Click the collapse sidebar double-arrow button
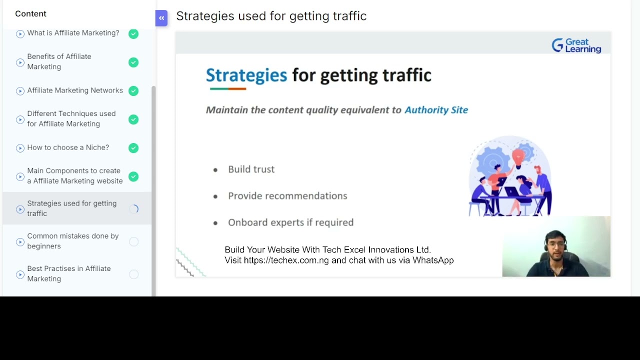tap(161, 18)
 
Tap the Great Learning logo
tap(576, 45)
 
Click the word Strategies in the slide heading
tap(246, 75)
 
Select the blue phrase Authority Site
tap(436, 110)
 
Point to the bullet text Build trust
tap(251, 169)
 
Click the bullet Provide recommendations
tap(287, 196)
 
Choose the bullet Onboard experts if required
tap(290, 222)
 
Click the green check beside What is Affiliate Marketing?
tap(133, 34)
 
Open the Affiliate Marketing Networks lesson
tap(75, 90)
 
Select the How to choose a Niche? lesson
tap(68, 147)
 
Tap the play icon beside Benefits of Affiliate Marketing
tap(20, 62)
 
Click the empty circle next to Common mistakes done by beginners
tap(133, 242)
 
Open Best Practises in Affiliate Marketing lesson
tap(69, 273)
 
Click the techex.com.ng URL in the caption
tap(286, 260)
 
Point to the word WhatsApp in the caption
tap(433, 260)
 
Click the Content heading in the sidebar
tap(30, 13)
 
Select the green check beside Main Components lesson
tap(133, 176)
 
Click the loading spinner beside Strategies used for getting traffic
tap(134, 209)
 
